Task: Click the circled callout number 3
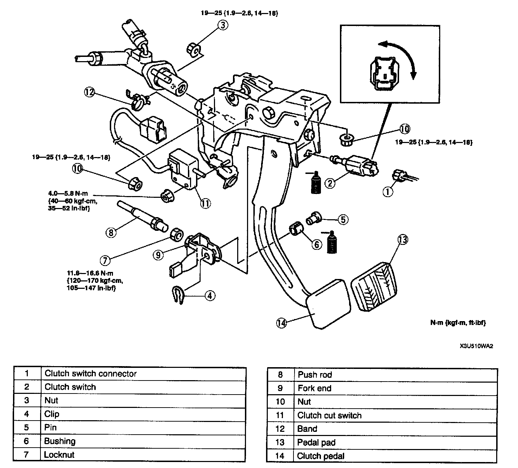[x=223, y=25]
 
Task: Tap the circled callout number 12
[x=89, y=92]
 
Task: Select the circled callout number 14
[x=282, y=323]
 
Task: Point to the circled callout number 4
[x=210, y=296]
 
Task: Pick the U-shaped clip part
[x=178, y=295]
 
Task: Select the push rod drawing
[x=143, y=216]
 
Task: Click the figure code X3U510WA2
[x=476, y=346]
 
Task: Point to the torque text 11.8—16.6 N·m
[x=90, y=273]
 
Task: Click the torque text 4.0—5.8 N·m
[x=68, y=193]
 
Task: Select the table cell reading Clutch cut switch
[x=329, y=415]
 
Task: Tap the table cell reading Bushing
[x=60, y=441]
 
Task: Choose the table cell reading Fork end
[x=314, y=388]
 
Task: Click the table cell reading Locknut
[x=59, y=455]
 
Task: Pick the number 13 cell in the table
[x=280, y=442]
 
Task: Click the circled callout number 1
[x=387, y=192]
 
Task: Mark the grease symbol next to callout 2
[x=315, y=182]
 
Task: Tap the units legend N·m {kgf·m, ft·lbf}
[x=458, y=323]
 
